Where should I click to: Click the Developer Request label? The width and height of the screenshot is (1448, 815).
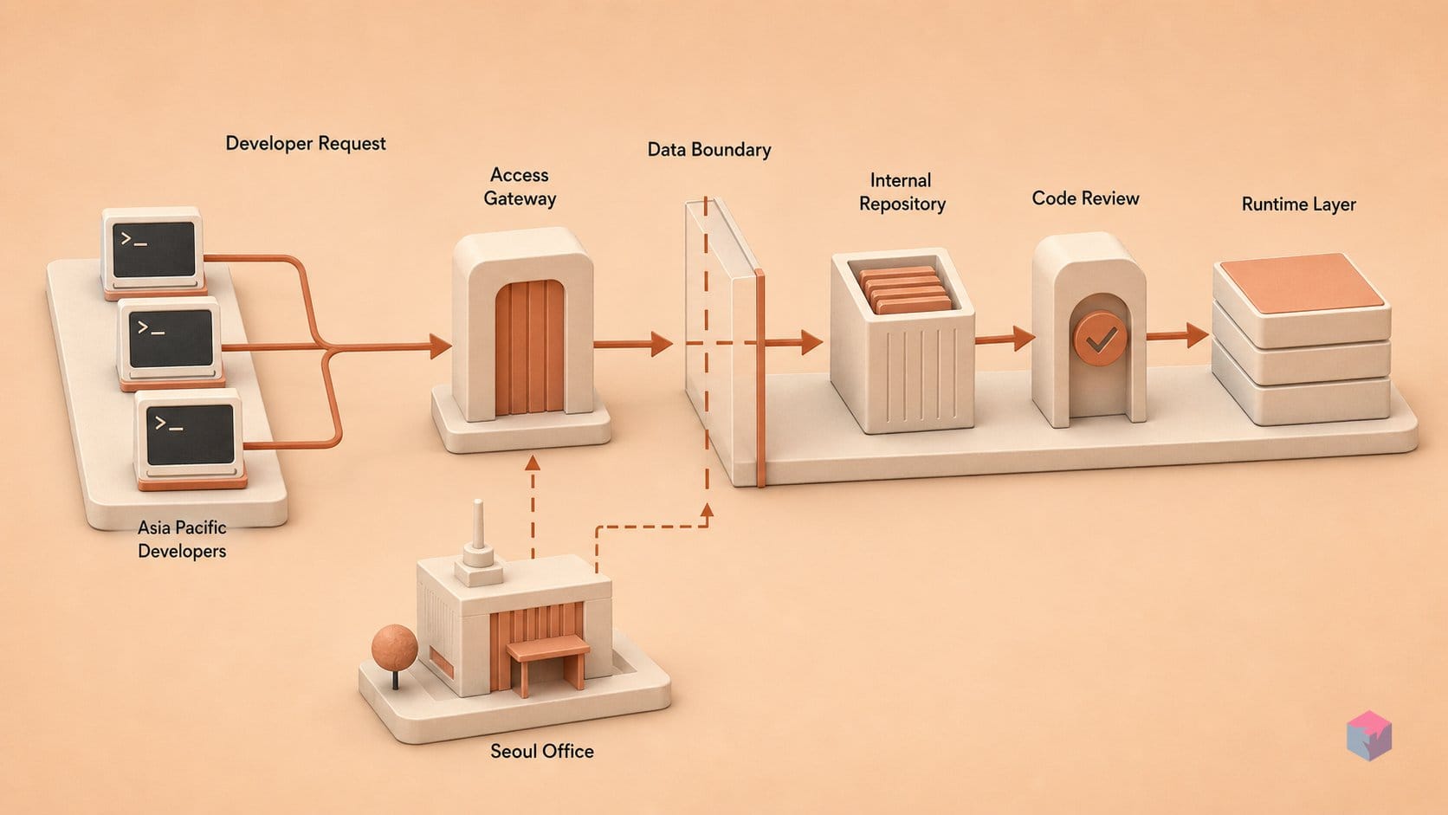pyautogui.click(x=305, y=143)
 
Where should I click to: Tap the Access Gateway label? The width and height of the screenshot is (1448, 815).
pyautogui.click(x=520, y=186)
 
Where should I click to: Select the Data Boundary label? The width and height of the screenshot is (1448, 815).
pyautogui.click(x=709, y=150)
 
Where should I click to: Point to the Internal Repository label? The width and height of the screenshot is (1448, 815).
pyautogui.click(x=902, y=192)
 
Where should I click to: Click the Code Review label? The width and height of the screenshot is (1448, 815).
pyautogui.click(x=1085, y=198)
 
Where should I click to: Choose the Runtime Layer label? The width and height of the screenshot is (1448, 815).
pyautogui.click(x=1299, y=204)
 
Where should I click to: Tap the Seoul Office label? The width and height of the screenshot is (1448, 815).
pyautogui.click(x=542, y=751)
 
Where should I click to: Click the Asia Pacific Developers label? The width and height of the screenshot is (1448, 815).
pyautogui.click(x=182, y=539)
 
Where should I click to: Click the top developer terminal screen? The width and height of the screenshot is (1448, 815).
pyautogui.click(x=154, y=249)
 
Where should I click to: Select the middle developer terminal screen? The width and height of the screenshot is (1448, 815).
pyautogui.click(x=171, y=338)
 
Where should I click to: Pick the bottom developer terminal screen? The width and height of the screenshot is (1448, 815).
pyautogui.click(x=190, y=434)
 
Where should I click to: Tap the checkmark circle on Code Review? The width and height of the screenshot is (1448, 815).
pyautogui.click(x=1100, y=339)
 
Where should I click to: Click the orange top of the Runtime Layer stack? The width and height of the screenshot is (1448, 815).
pyautogui.click(x=1302, y=283)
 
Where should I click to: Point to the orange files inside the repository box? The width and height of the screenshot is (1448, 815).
pyautogui.click(x=905, y=290)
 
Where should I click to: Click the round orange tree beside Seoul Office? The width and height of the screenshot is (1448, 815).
pyautogui.click(x=394, y=647)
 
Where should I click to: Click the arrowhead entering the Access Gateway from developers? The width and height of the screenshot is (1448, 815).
pyautogui.click(x=440, y=346)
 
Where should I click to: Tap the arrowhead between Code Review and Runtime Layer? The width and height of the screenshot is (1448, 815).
pyautogui.click(x=1198, y=335)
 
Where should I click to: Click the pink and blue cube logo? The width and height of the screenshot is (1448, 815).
pyautogui.click(x=1369, y=735)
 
